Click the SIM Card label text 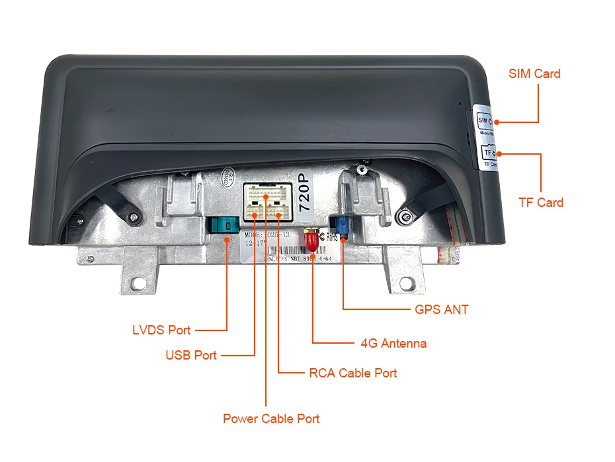pyautogui.click(x=534, y=73)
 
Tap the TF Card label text pyautogui.click(x=541, y=202)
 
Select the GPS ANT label pyautogui.click(x=441, y=309)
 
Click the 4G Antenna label pyautogui.click(x=393, y=343)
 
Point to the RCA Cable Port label pyautogui.click(x=352, y=373)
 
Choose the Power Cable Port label pyautogui.click(x=271, y=418)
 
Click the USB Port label pyautogui.click(x=190, y=356)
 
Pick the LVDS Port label pyautogui.click(x=161, y=330)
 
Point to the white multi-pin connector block pyautogui.click(x=266, y=202)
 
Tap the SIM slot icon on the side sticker pyautogui.click(x=483, y=121)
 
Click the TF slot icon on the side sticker pyautogui.click(x=489, y=152)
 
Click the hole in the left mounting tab pyautogui.click(x=137, y=282)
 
